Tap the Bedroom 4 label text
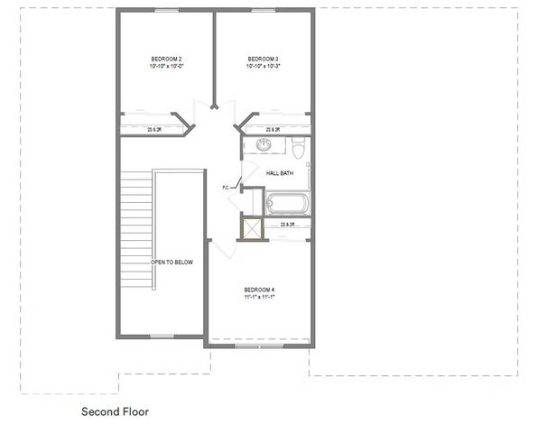(259, 289)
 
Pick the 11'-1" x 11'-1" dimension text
(259, 297)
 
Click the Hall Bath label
(279, 172)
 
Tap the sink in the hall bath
(264, 145)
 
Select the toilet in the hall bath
(301, 146)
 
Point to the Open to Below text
(172, 263)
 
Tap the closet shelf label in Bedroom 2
(154, 130)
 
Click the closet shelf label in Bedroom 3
(272, 130)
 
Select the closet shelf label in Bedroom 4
(288, 224)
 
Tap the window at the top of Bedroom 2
(164, 10)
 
